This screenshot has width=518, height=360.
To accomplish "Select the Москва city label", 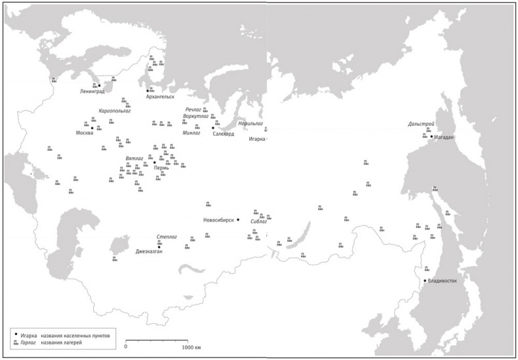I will click(x=84, y=132).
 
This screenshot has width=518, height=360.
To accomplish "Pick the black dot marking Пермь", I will click(x=155, y=162).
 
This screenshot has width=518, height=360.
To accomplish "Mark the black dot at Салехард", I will click(x=212, y=128).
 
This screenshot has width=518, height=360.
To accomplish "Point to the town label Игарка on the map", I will click(x=257, y=139).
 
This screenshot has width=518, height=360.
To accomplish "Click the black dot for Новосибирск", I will click(x=238, y=220).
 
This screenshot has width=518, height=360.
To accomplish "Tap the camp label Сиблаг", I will click(x=259, y=222).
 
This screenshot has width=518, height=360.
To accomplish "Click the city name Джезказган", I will click(x=148, y=251).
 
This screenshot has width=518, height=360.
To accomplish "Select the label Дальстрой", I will click(x=420, y=124).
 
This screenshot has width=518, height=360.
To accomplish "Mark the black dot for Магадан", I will click(x=431, y=136).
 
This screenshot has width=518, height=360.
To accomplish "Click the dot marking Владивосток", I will click(x=425, y=281).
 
